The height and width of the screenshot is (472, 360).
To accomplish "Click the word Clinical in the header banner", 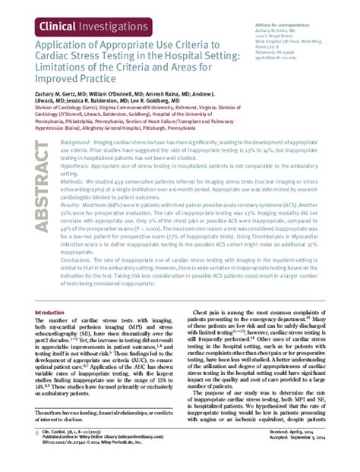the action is (x=54, y=26).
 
